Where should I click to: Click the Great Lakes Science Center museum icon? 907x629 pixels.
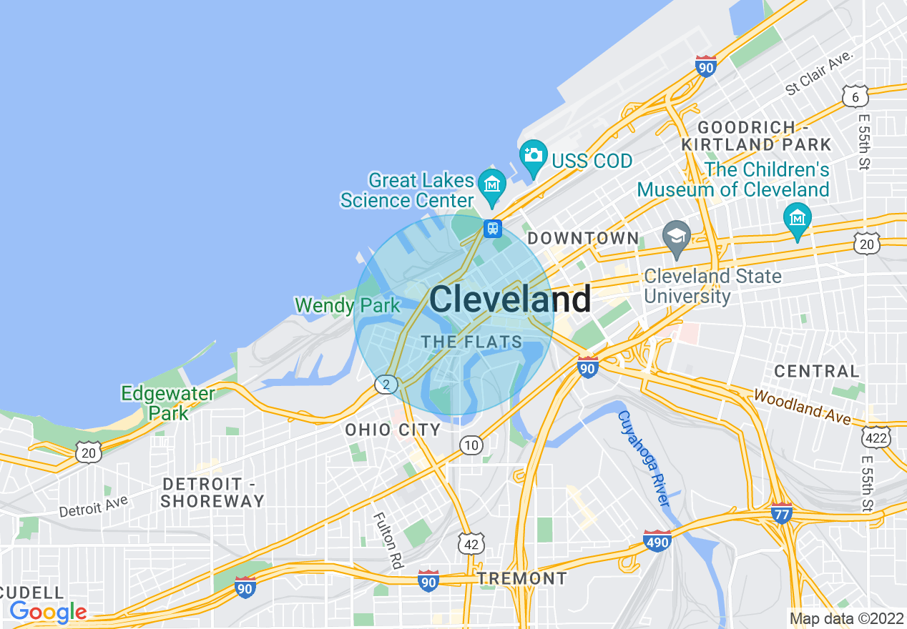pyautogui.click(x=492, y=182)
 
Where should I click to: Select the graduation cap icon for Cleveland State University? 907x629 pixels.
pyautogui.click(x=676, y=234)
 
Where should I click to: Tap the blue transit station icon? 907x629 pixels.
pyautogui.click(x=492, y=229)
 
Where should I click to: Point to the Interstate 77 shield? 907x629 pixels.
pyautogui.click(x=782, y=513)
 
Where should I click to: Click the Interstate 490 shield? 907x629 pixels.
pyautogui.click(x=657, y=542)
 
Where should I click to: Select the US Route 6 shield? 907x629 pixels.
pyautogui.click(x=855, y=96)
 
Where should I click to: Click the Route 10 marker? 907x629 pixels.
pyautogui.click(x=471, y=446)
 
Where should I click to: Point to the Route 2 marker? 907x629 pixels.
pyautogui.click(x=386, y=385)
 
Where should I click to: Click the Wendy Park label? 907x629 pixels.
pyautogui.click(x=348, y=306)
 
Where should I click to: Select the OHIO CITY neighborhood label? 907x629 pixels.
pyautogui.click(x=393, y=430)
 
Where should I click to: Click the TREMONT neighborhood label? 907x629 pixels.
pyautogui.click(x=522, y=578)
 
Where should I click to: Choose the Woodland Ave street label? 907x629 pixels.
pyautogui.click(x=802, y=406)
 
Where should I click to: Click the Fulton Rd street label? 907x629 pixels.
pyautogui.click(x=387, y=540)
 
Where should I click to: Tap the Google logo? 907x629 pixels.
pyautogui.click(x=48, y=612)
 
